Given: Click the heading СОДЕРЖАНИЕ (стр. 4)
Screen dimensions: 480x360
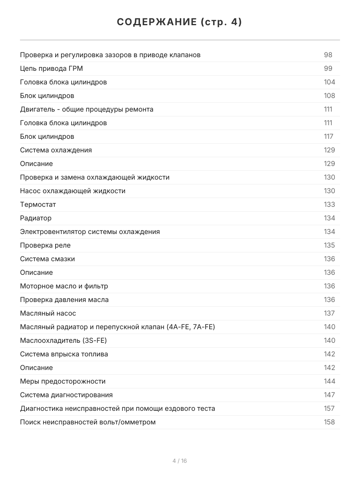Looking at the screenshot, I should click(x=180, y=22).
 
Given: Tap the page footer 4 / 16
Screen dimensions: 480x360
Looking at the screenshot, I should click(x=180, y=461).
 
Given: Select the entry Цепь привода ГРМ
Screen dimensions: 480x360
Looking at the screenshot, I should click(x=52, y=68).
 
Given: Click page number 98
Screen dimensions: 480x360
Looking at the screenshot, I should click(x=328, y=55).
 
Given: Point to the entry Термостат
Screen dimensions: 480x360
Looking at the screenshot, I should click(x=38, y=204).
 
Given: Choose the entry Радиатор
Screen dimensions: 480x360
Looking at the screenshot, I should click(x=36, y=218).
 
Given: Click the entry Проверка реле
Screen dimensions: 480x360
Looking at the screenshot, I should click(x=45, y=245).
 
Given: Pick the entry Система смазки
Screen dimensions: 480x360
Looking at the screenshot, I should click(x=47, y=259).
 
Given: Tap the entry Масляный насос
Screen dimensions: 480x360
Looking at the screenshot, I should click(x=48, y=313).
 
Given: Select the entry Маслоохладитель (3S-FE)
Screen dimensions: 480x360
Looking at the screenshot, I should click(x=63, y=340).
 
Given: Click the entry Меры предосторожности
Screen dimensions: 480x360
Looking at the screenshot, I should click(x=63, y=381).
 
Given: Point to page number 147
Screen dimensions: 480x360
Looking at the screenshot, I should click(x=329, y=395).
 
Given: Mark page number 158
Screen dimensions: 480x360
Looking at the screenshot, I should click(x=329, y=422).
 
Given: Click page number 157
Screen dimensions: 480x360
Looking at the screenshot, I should click(x=329, y=408).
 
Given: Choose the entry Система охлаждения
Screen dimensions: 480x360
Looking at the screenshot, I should click(x=56, y=150).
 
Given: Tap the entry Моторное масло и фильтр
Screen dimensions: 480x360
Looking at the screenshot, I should click(x=64, y=286).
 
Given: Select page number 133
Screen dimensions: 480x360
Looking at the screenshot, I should click(x=329, y=204).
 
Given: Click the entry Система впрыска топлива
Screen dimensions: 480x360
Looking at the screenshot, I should click(x=64, y=354).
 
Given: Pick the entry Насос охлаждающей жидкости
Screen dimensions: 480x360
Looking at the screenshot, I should click(x=73, y=191).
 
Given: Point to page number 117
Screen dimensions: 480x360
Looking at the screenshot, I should click(x=328, y=136).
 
